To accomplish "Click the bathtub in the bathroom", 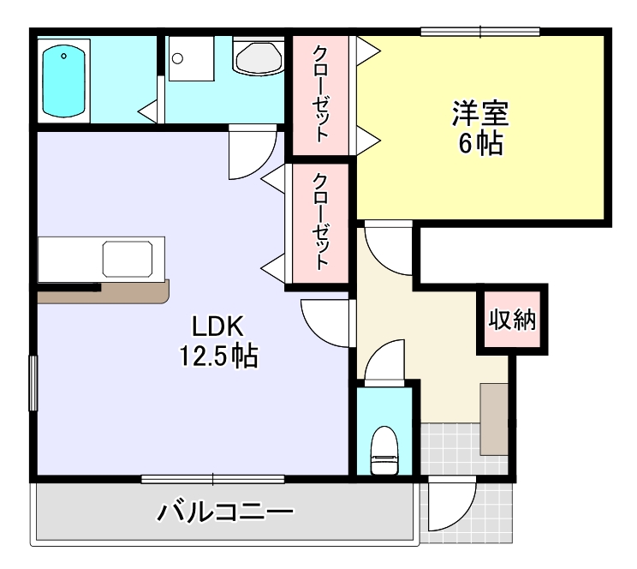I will (x=65, y=78).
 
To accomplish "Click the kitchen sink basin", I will (x=128, y=258).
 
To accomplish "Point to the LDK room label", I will (x=218, y=326).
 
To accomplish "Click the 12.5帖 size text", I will (x=218, y=356).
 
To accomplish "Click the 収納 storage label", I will (x=512, y=320).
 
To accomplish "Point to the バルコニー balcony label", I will (x=224, y=512).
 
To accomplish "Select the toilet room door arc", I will (x=383, y=360).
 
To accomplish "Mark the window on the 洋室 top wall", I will (x=480, y=33).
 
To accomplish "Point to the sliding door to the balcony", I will (x=213, y=478).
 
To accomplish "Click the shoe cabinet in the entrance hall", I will (x=493, y=418).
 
